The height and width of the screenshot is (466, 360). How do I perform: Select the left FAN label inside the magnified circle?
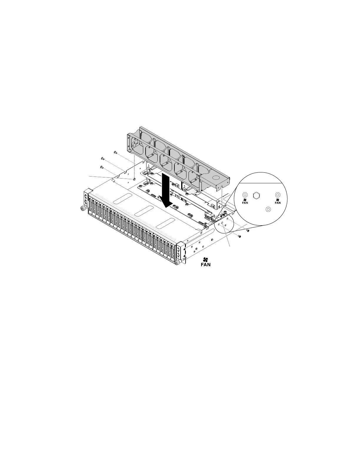pos(245,203)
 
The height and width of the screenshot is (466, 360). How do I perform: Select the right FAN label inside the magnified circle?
pos(278,203)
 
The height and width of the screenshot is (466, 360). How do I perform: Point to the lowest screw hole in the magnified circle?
pos(268,209)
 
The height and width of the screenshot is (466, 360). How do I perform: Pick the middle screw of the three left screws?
pos(102,159)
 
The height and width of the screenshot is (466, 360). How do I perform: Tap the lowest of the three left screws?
pos(101,167)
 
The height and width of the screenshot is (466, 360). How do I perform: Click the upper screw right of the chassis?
pos(248,231)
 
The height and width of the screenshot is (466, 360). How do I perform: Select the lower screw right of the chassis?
pos(240,236)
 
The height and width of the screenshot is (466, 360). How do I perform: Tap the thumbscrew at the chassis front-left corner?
pos(82,209)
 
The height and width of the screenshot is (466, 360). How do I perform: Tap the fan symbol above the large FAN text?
pos(206,259)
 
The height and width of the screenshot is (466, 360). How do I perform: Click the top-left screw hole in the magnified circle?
pos(245,195)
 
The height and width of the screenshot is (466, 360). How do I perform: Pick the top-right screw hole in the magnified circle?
pos(277,195)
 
